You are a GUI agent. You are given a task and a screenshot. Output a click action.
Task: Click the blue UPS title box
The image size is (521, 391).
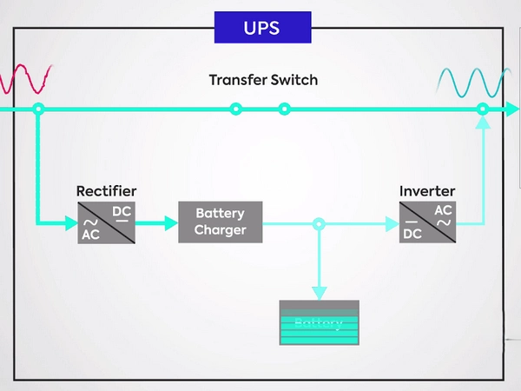(x=263, y=27)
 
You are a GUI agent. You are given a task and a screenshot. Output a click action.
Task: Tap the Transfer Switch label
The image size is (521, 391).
(x=263, y=80)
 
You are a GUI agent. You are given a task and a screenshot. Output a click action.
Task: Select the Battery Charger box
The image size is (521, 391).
(x=220, y=222)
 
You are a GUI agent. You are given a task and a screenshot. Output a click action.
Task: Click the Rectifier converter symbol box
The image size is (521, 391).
(x=107, y=222)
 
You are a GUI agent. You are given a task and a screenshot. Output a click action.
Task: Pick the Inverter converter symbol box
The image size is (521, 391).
(x=427, y=222)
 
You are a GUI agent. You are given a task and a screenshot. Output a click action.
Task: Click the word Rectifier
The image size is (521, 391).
(x=106, y=191)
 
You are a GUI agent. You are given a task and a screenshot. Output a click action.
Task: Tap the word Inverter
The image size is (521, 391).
(x=427, y=191)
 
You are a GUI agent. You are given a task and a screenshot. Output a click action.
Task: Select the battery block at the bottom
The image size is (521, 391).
(x=319, y=322)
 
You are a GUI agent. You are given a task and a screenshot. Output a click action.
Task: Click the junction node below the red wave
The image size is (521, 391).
(x=38, y=109)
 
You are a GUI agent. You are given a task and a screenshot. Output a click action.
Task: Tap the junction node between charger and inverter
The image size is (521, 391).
(x=319, y=223)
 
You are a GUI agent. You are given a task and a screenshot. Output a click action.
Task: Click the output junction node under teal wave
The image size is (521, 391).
(x=483, y=109)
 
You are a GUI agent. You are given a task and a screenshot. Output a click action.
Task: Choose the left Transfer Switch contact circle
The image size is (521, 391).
(x=235, y=109)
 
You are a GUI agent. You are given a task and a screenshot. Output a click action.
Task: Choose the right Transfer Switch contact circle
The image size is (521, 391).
(x=284, y=109)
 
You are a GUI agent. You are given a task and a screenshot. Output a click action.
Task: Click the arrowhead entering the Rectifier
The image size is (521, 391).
(x=70, y=223)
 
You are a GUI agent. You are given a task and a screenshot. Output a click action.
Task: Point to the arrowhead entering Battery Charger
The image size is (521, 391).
(x=170, y=223)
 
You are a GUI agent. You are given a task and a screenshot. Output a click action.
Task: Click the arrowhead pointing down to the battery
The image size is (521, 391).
(x=319, y=293)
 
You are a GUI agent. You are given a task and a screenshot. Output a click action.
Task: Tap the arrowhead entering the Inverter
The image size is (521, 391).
(x=392, y=223)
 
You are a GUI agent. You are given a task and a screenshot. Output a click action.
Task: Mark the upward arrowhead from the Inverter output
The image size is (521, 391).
(x=483, y=123)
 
